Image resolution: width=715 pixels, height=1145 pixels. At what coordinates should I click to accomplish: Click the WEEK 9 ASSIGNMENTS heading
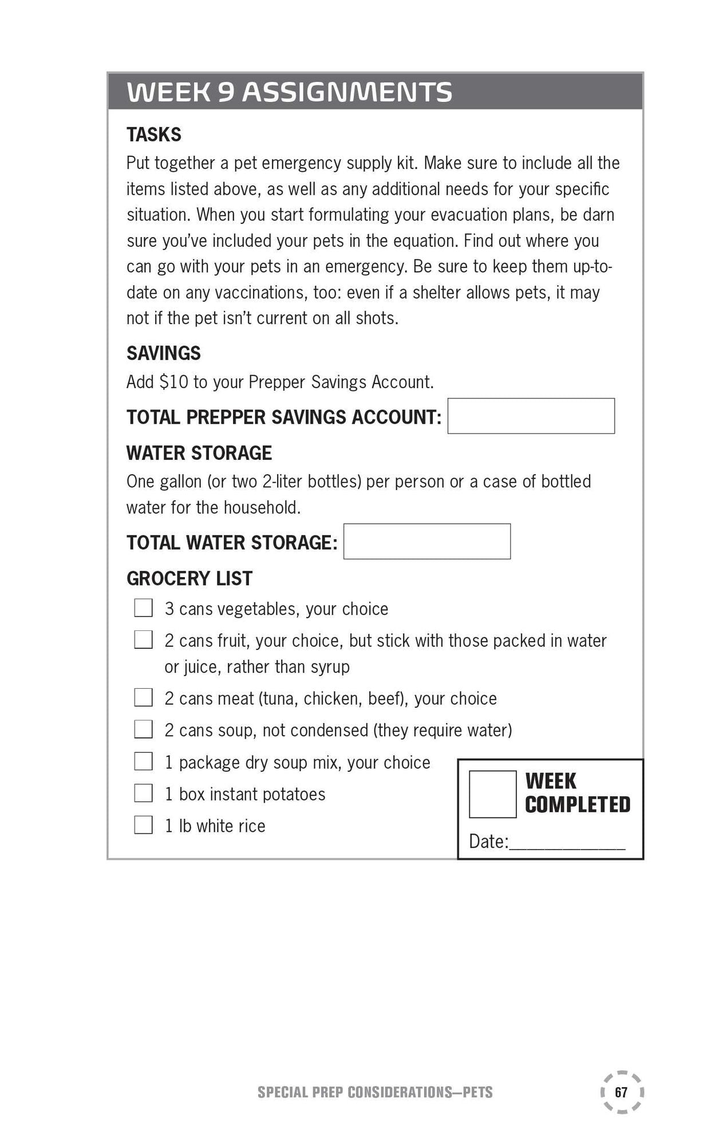coord(289,92)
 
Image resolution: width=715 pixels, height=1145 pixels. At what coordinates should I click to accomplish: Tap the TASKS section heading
coord(153,135)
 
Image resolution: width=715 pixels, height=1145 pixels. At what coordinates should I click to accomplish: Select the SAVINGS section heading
coord(163,353)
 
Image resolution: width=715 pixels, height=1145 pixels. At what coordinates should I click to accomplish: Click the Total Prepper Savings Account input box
coord(531,416)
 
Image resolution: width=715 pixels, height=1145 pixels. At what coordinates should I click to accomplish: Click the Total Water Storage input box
coord(426,542)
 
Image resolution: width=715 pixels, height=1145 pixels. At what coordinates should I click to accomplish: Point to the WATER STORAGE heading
coord(199,453)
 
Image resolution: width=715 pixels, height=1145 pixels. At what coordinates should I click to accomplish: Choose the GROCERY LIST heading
coord(189,578)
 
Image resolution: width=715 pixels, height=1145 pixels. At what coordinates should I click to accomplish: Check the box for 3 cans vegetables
coord(143,608)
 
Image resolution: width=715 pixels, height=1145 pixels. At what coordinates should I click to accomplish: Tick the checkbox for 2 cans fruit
coord(143,640)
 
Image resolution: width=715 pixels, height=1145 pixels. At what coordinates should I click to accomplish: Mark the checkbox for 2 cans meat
coord(143,698)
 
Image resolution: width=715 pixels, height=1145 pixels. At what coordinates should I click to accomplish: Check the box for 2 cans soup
coord(143,729)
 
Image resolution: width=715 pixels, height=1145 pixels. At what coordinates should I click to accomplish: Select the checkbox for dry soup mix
coord(143,761)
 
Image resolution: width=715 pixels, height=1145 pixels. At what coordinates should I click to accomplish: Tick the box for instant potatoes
coord(143,793)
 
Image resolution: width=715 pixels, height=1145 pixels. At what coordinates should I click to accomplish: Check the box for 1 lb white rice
coord(143,825)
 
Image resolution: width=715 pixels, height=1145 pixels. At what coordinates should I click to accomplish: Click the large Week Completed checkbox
coord(492,794)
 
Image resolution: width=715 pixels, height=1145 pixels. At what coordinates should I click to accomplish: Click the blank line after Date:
coord(567,843)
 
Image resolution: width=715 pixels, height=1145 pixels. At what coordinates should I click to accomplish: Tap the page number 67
coord(621,1092)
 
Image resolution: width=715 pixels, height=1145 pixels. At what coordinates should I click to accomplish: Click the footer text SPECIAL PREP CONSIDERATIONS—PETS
coord(375,1092)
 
